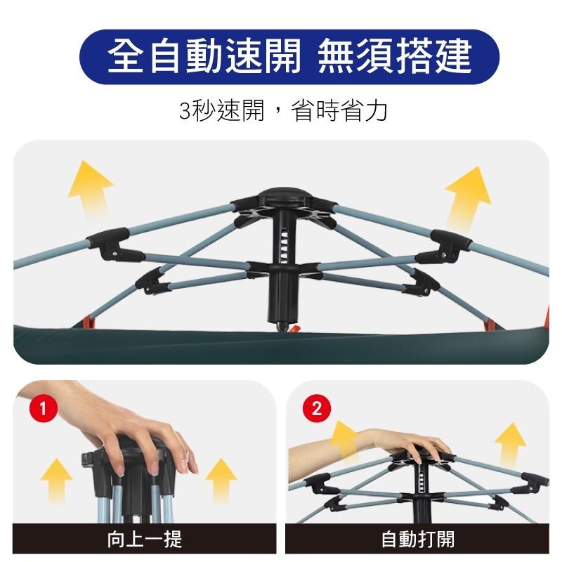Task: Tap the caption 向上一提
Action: [x=145, y=540]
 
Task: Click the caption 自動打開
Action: [x=417, y=540]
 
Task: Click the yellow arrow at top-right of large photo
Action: [x=468, y=192]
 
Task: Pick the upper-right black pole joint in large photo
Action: [x=449, y=242]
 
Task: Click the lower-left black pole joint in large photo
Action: [x=154, y=281]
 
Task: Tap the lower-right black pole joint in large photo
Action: [x=424, y=282]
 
